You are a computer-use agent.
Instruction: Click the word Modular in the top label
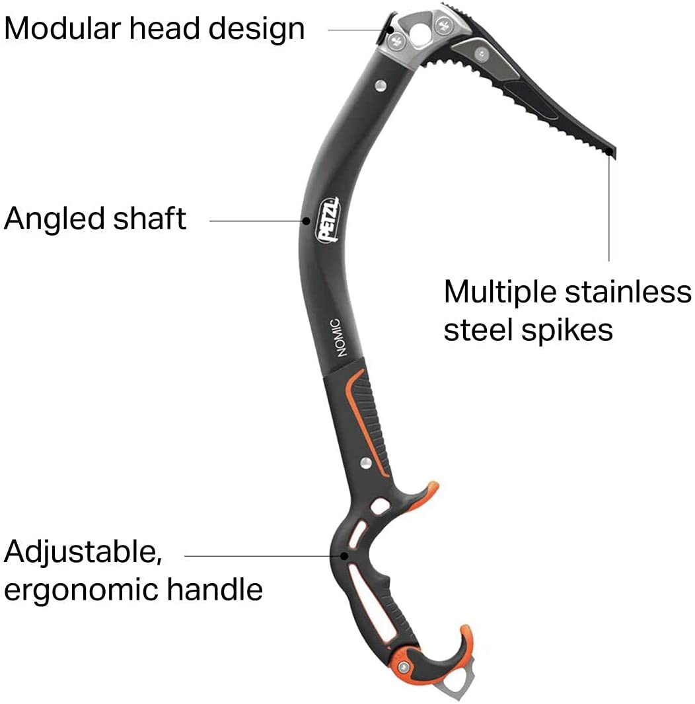pos(63,28)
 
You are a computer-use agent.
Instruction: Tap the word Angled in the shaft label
pos(54,220)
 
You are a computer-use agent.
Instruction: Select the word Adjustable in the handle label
pos(83,552)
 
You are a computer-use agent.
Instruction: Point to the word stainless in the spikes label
pos(628,292)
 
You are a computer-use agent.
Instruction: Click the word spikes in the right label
pos(567,331)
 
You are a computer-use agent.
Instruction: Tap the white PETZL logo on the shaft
pos(328,219)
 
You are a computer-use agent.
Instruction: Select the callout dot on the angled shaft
pos(306,221)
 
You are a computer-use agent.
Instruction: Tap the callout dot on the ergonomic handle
pos(344,556)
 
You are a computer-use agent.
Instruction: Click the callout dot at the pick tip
pos(608,152)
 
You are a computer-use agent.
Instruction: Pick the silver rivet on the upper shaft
pos(381,85)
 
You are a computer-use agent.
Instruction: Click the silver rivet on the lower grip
pos(366,463)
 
